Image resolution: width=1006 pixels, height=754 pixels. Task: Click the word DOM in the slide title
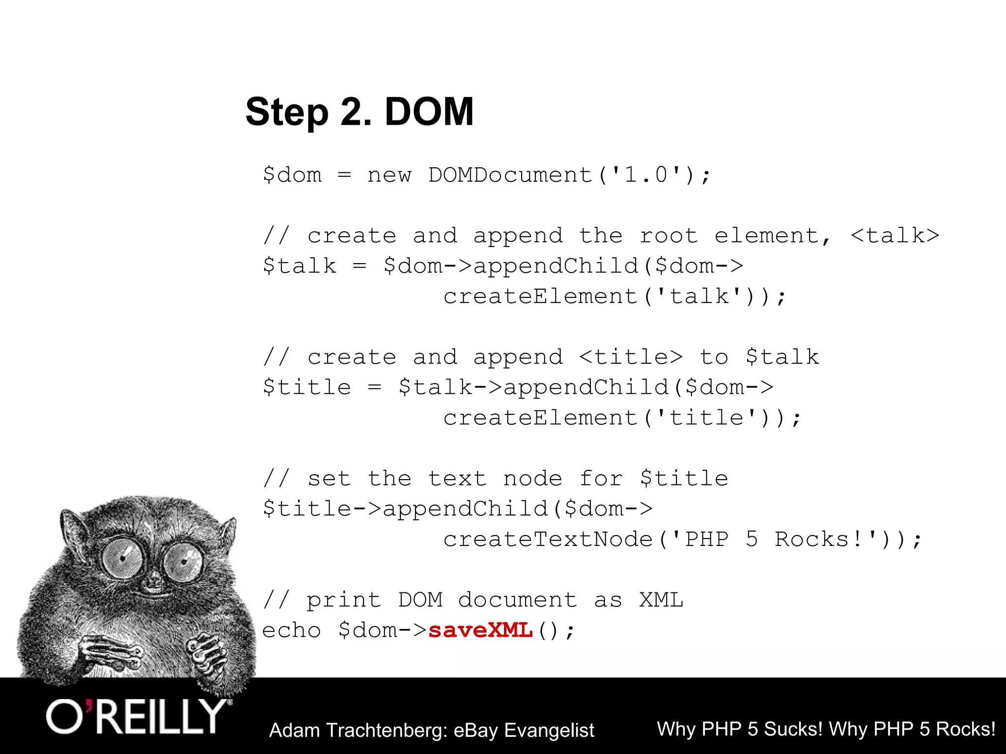pyautogui.click(x=429, y=112)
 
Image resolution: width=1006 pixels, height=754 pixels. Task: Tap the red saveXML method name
pyautogui.click(x=480, y=630)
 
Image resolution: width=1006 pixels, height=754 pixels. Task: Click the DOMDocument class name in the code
pyautogui.click(x=510, y=175)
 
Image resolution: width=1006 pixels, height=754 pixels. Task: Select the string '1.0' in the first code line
pyautogui.click(x=646, y=175)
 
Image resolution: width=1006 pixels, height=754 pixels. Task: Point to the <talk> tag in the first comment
pyautogui.click(x=895, y=236)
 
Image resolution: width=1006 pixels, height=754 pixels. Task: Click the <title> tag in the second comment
pyautogui.click(x=631, y=357)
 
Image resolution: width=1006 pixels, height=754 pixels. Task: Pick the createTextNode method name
pyautogui.click(x=548, y=539)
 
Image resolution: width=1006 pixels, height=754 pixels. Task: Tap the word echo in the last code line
pyautogui.click(x=291, y=630)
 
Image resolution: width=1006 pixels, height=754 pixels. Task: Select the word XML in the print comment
pyautogui.click(x=661, y=600)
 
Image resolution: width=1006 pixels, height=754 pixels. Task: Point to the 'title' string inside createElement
pyautogui.click(x=706, y=418)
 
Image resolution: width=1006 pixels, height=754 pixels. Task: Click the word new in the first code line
pyautogui.click(x=390, y=175)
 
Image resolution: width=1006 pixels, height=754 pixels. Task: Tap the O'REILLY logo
pyautogui.click(x=138, y=717)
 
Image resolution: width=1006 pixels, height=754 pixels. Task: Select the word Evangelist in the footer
pyautogui.click(x=549, y=730)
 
